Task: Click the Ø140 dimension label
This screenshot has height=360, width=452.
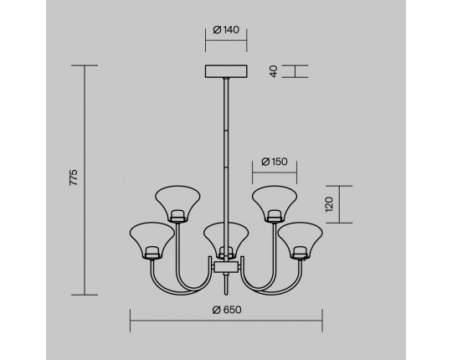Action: pyautogui.click(x=226, y=29)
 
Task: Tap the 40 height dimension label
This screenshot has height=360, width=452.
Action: pyautogui.click(x=274, y=71)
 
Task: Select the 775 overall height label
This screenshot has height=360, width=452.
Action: pyautogui.click(x=74, y=177)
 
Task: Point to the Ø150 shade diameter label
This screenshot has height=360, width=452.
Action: pyautogui.click(x=275, y=162)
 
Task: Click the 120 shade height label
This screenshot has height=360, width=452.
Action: pyautogui.click(x=329, y=204)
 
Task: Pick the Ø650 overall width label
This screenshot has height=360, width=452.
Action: pyautogui.click(x=227, y=310)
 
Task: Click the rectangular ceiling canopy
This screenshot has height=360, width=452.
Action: pyautogui.click(x=226, y=71)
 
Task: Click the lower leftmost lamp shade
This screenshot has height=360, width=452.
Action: pyautogui.click(x=152, y=239)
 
